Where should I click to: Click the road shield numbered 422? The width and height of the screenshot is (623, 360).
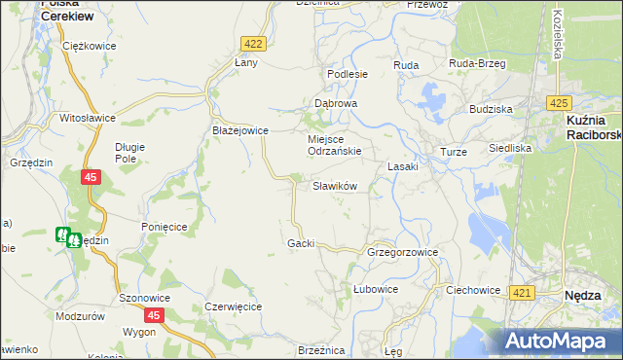tap(253, 44)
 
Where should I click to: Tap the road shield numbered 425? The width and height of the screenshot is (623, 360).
tap(558, 102)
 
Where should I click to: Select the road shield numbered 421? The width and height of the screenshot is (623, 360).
tap(522, 293)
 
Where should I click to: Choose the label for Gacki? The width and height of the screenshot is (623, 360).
tap(301, 242)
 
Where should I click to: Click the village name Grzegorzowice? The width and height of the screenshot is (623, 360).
tap(403, 252)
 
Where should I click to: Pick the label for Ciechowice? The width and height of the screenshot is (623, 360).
tap(472, 290)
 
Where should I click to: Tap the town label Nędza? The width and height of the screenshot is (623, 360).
tap(587, 295)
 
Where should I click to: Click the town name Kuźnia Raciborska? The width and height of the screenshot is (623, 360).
tap(593, 126)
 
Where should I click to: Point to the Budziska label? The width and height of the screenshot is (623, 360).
tap(491, 110)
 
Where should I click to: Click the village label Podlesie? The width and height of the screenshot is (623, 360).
tap(348, 74)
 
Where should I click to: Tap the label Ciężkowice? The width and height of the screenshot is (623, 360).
tap(89, 46)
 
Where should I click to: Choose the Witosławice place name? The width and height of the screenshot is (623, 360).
tap(88, 118)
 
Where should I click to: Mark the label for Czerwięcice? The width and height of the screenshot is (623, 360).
tap(234, 306)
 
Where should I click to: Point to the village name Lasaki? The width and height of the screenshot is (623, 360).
tap(403, 166)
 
